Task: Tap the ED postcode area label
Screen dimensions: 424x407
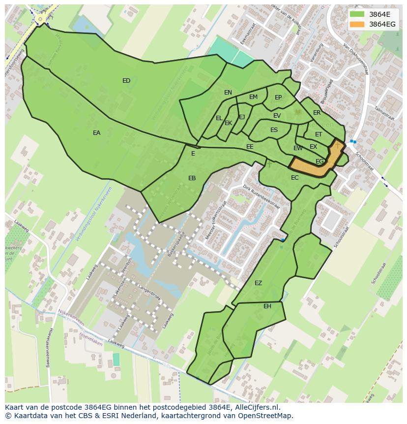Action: pos(126,81)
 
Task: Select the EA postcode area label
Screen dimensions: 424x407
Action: pos(96,133)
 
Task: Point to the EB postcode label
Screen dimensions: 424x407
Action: pos(192,178)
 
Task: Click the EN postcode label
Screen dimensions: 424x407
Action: pos(228,93)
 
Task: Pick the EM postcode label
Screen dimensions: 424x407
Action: pos(253,97)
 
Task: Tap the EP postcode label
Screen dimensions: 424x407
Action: pos(278,98)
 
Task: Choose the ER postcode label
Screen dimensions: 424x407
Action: pos(317,113)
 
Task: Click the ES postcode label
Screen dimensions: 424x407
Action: pos(274,130)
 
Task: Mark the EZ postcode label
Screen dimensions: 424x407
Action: pos(258,283)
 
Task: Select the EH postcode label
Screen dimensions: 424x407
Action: pos(267,306)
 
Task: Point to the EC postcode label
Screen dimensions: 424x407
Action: pos(294,178)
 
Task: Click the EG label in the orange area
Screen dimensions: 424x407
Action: pos(320,162)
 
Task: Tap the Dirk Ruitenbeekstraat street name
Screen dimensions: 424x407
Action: pos(262,197)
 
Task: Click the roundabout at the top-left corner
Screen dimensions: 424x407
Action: pos(41,18)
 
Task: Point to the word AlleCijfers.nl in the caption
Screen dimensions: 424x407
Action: pos(256,407)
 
